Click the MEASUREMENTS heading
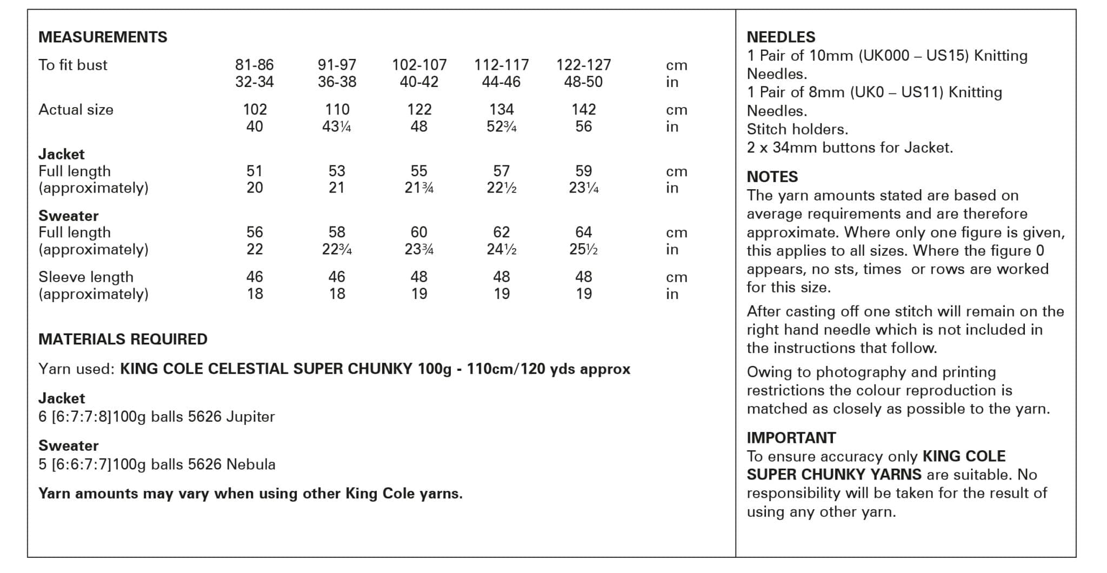point(103,37)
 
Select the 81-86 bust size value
point(254,65)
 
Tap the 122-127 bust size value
point(583,65)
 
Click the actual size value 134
point(501,110)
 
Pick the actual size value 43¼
point(337,126)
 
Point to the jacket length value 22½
point(501,188)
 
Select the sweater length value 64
point(583,232)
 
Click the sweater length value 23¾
point(419,249)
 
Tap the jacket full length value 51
point(254,171)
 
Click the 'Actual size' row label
point(76,110)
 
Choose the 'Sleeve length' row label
point(85,277)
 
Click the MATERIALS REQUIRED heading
point(123,339)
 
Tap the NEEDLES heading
point(781,37)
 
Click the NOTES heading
point(772,177)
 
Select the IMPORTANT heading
point(791,438)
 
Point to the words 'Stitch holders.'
point(797,129)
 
